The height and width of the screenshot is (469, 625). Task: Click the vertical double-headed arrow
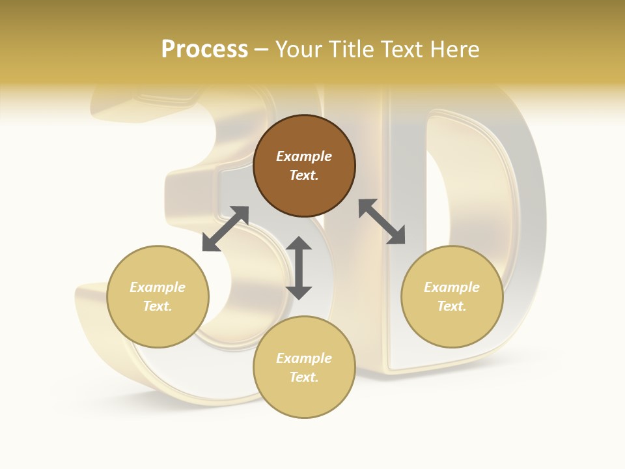point(299,268)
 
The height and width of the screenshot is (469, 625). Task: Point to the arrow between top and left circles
point(225,229)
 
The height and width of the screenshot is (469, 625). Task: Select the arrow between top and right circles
point(382,221)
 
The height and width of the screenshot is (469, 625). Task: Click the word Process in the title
point(204,49)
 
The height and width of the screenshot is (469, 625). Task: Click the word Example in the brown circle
point(304,156)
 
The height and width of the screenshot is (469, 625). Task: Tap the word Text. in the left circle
point(158,306)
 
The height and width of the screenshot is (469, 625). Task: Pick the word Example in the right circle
point(452,287)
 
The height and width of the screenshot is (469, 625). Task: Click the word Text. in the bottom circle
point(304,377)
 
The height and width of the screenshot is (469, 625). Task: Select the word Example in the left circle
point(158,287)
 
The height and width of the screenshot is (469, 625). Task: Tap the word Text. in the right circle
point(452,306)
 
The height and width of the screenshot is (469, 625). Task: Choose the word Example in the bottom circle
point(304,358)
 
